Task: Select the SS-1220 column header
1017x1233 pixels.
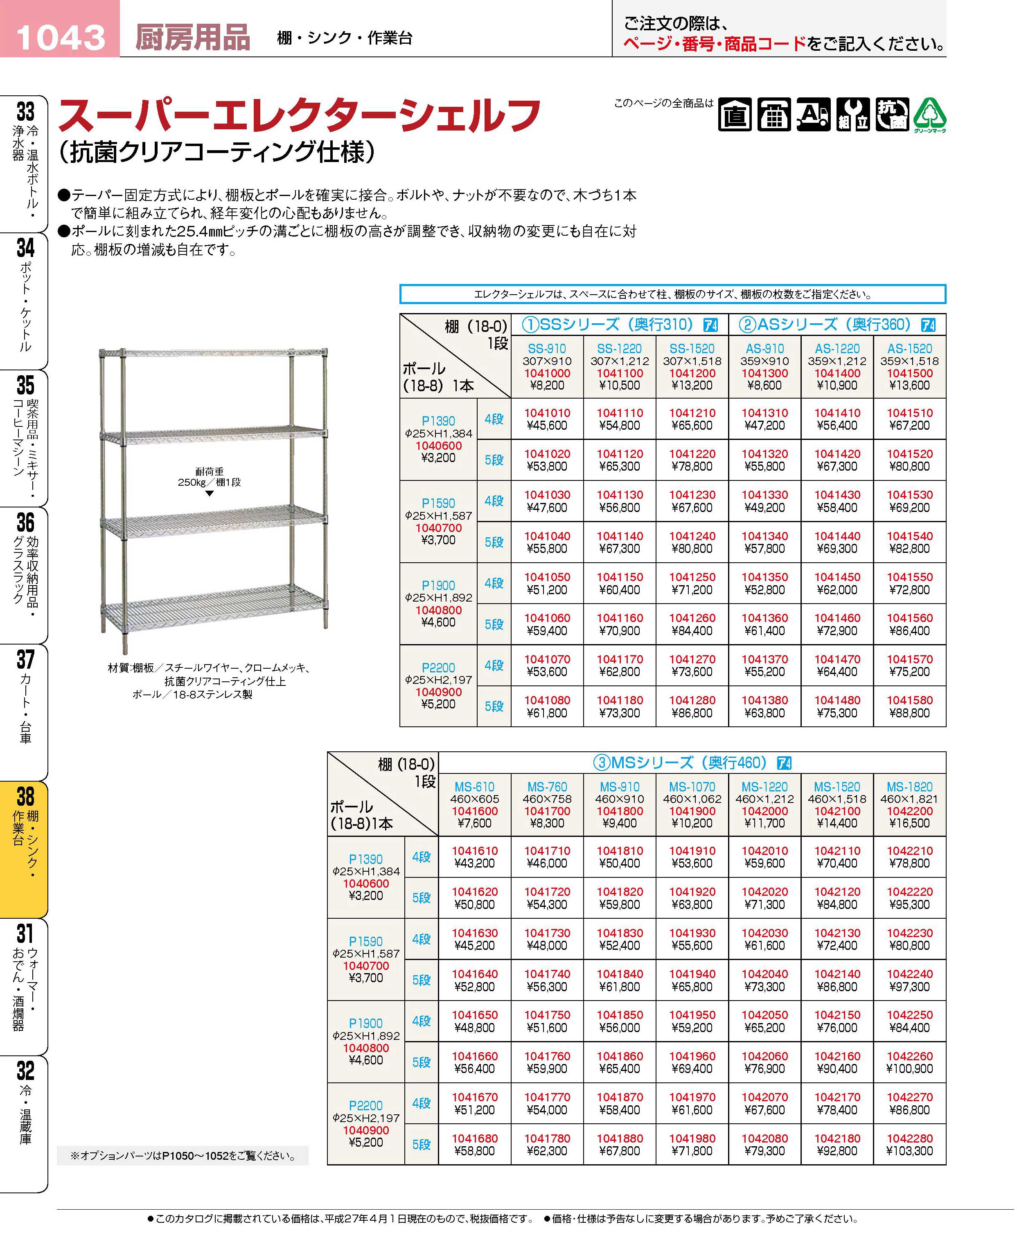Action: (x=619, y=349)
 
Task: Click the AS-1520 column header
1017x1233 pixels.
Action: (x=909, y=349)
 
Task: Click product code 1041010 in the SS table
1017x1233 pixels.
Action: (x=547, y=413)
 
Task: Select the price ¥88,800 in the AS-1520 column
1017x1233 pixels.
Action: (x=909, y=713)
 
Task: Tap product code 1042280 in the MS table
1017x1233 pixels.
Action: (x=909, y=1139)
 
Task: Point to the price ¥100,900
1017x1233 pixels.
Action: (x=909, y=1069)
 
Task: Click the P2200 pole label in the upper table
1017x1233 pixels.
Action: (x=438, y=668)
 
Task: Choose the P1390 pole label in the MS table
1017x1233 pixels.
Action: (x=365, y=859)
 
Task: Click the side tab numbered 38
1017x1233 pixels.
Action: (x=25, y=797)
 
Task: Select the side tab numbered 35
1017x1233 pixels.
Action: (x=25, y=385)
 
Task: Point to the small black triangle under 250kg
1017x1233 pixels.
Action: (x=209, y=494)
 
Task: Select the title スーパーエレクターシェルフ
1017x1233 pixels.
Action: (x=299, y=116)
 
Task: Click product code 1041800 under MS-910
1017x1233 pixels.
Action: (x=619, y=811)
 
